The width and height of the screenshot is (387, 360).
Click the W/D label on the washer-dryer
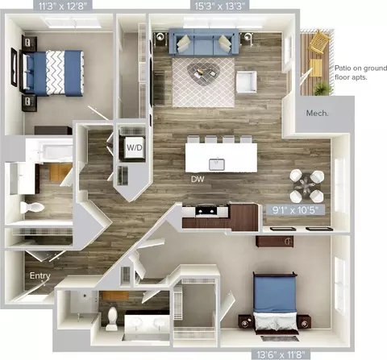pyautogui.click(x=134, y=147)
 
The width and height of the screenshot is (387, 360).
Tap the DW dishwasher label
pyautogui.click(x=198, y=179)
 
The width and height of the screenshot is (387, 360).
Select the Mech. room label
pyautogui.click(x=317, y=114)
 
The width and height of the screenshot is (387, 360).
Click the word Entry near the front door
pyautogui.click(x=40, y=275)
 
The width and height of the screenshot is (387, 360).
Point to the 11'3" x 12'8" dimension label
pyautogui.click(x=63, y=6)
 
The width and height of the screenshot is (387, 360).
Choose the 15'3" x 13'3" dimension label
pyautogui.click(x=220, y=6)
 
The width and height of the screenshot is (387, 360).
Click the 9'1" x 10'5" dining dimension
pyautogui.click(x=295, y=210)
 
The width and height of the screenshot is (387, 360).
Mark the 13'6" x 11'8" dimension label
pyautogui.click(x=281, y=354)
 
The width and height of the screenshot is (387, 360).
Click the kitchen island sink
pyautogui.click(x=217, y=164)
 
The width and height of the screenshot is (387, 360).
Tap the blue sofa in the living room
pyautogui.click(x=204, y=42)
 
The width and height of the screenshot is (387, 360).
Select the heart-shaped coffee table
pyautogui.click(x=203, y=73)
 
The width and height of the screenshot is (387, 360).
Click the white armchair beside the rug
pyautogui.click(x=246, y=81)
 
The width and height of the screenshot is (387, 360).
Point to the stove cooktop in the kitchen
pyautogui.click(x=206, y=211)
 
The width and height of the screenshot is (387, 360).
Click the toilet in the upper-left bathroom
pyautogui.click(x=32, y=208)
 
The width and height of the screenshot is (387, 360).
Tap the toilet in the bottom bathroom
pyautogui.click(x=112, y=319)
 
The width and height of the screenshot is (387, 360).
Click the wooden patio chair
pyautogui.click(x=319, y=41)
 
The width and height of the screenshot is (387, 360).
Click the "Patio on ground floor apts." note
pyautogui.click(x=360, y=72)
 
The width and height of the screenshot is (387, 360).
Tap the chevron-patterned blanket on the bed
pyautogui.click(x=56, y=72)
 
